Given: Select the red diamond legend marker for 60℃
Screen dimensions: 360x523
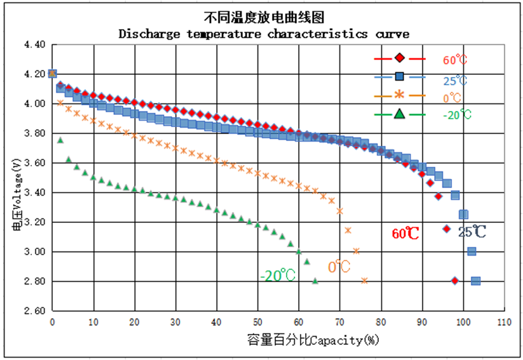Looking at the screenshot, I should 399,58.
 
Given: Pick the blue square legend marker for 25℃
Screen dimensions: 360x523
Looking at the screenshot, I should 399,77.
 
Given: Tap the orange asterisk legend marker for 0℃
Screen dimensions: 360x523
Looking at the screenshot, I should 399,95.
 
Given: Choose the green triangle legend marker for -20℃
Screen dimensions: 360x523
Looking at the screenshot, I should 399,113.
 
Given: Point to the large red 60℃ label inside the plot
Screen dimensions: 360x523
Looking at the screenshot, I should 405,233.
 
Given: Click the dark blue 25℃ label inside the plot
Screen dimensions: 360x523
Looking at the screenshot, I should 471,232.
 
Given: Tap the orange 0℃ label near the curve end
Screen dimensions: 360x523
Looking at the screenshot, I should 339,267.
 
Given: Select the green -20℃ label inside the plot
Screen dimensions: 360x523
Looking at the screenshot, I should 278,275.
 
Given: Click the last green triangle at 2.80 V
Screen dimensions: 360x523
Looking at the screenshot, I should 315,280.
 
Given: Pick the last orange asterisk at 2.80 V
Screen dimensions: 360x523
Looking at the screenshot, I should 364,280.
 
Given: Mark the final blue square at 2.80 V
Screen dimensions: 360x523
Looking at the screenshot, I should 475,281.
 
